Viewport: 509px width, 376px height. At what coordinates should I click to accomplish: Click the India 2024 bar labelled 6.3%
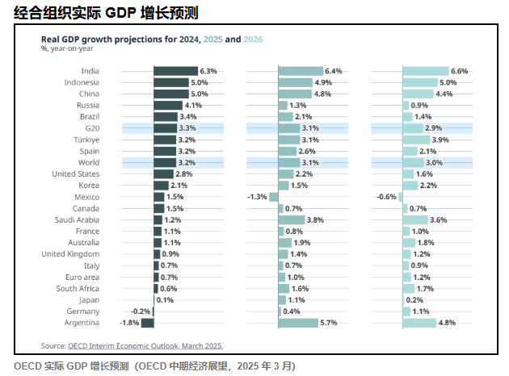(175, 71)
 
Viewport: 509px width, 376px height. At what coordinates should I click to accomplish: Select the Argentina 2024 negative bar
(147, 323)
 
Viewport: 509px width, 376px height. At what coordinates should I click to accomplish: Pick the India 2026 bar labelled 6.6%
(425, 71)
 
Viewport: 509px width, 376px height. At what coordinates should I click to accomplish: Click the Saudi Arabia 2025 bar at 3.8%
(291, 219)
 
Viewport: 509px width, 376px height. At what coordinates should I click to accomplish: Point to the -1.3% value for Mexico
(257, 197)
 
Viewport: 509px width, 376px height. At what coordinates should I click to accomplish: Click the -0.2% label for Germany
(139, 311)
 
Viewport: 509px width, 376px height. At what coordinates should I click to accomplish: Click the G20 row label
(91, 128)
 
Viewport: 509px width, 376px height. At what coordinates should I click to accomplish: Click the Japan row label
(90, 299)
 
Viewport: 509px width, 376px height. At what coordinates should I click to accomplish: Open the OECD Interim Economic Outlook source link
(145, 345)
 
